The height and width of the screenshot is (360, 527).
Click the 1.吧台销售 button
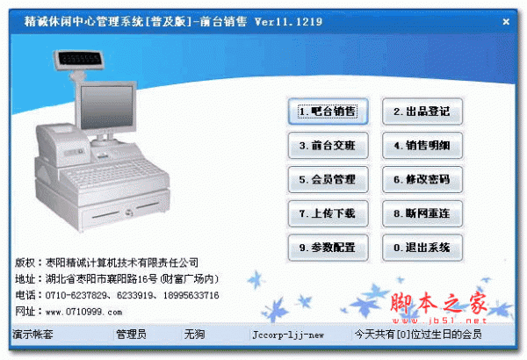tap(328, 112)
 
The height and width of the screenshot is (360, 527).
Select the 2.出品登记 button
tap(422, 112)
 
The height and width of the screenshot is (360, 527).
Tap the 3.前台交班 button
tap(328, 146)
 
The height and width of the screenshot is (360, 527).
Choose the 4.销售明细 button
tap(422, 146)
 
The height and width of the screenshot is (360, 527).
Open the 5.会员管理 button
tap(328, 179)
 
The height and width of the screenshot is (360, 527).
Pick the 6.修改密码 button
tap(422, 179)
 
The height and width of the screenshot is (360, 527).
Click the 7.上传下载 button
tap(328, 213)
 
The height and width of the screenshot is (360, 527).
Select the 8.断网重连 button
tap(422, 213)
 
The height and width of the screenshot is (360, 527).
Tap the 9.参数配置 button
tap(328, 248)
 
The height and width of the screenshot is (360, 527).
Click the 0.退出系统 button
tap(422, 248)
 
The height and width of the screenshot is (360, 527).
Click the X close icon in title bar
tap(506, 22)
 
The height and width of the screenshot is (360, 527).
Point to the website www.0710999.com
tap(83, 312)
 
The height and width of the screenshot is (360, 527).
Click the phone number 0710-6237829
tap(76, 295)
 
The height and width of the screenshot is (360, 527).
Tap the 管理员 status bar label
tap(131, 335)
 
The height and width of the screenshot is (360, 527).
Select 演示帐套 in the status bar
tap(33, 335)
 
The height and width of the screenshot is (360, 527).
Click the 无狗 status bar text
tap(194, 335)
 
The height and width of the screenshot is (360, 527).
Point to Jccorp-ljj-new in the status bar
tap(288, 335)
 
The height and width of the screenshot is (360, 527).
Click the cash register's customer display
tap(79, 60)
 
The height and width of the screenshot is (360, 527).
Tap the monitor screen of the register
tap(106, 107)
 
